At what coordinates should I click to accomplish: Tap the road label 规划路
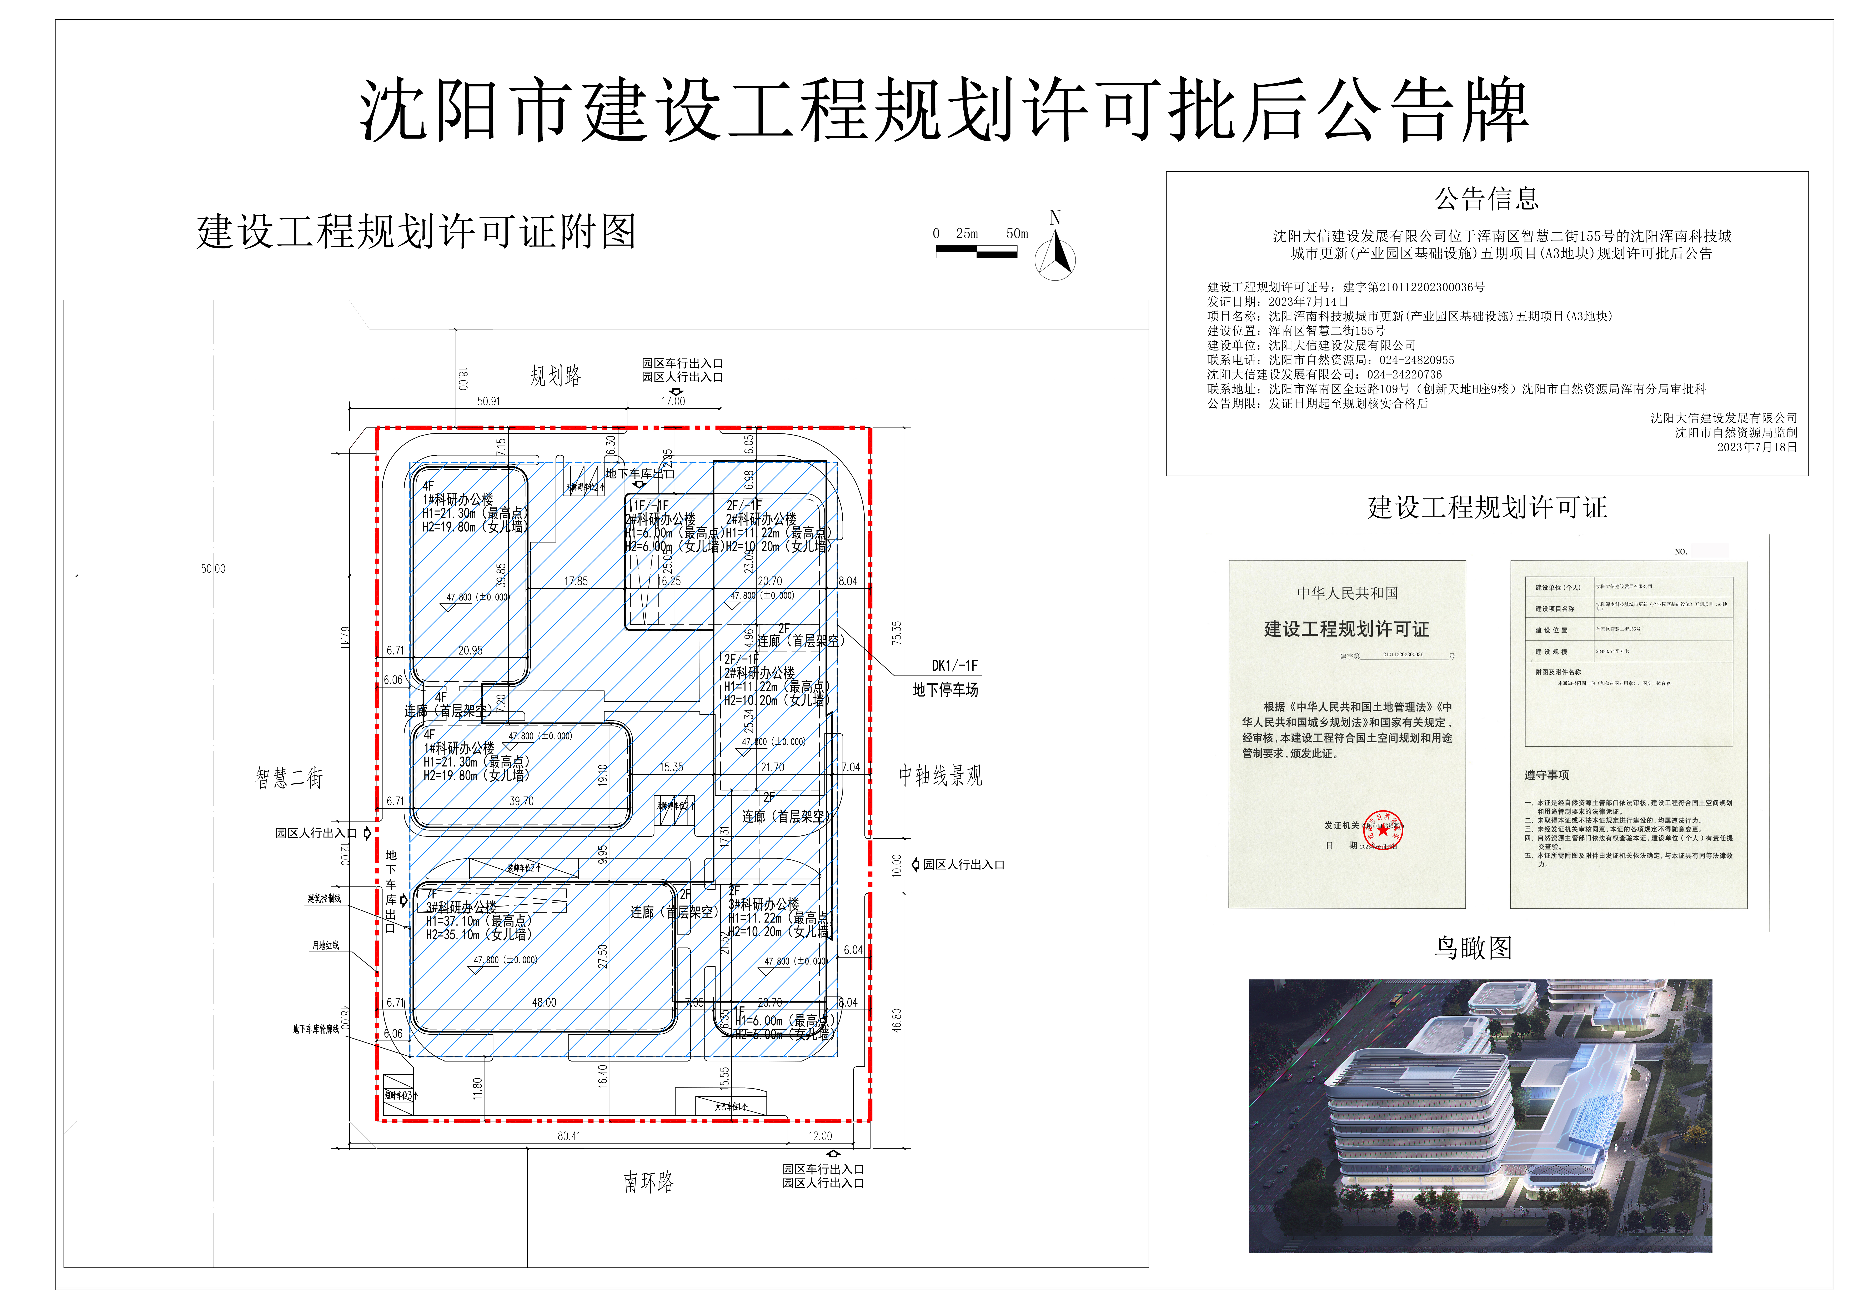coord(555,376)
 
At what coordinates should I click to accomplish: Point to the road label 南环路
coord(648,1182)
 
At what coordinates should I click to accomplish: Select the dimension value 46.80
coord(897,1020)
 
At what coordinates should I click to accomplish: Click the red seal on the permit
coord(1383,830)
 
